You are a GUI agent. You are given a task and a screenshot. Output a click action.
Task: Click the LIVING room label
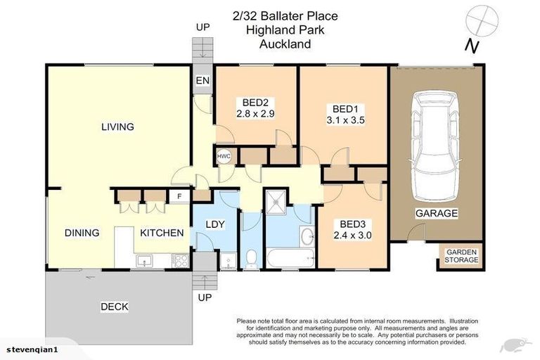(117, 127)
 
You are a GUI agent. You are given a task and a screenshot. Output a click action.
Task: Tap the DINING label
(82, 233)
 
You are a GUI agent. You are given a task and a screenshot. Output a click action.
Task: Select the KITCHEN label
(162, 233)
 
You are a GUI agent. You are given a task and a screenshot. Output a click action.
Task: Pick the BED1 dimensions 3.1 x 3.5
(345, 120)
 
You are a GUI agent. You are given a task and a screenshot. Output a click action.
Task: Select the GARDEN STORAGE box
(461, 256)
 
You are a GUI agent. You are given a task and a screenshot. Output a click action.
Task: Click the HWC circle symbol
(224, 156)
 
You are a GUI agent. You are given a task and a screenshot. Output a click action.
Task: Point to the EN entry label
(202, 82)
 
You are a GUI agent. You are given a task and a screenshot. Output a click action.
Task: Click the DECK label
(114, 307)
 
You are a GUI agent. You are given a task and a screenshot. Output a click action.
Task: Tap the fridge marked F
(179, 196)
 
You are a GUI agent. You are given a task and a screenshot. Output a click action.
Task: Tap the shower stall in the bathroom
(276, 203)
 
